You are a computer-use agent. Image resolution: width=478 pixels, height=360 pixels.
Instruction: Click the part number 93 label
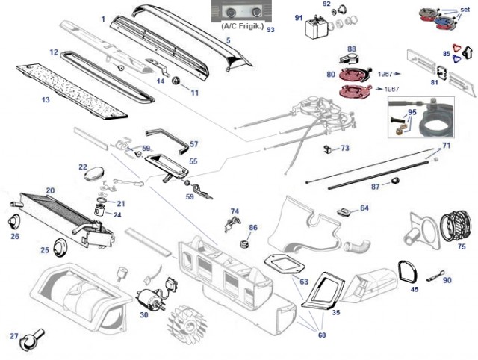pos(270,31)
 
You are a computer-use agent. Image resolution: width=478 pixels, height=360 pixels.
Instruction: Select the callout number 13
pos(46,99)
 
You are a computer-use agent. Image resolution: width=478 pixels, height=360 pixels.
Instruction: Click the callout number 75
pos(462,246)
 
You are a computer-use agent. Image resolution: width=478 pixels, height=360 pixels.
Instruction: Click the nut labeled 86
pos(244,243)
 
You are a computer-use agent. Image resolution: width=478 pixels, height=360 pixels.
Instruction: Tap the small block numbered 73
pos(328,149)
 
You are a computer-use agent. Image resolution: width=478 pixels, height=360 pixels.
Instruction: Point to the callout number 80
pos(331,74)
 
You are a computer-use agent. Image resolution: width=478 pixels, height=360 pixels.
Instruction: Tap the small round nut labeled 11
pos(177,81)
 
